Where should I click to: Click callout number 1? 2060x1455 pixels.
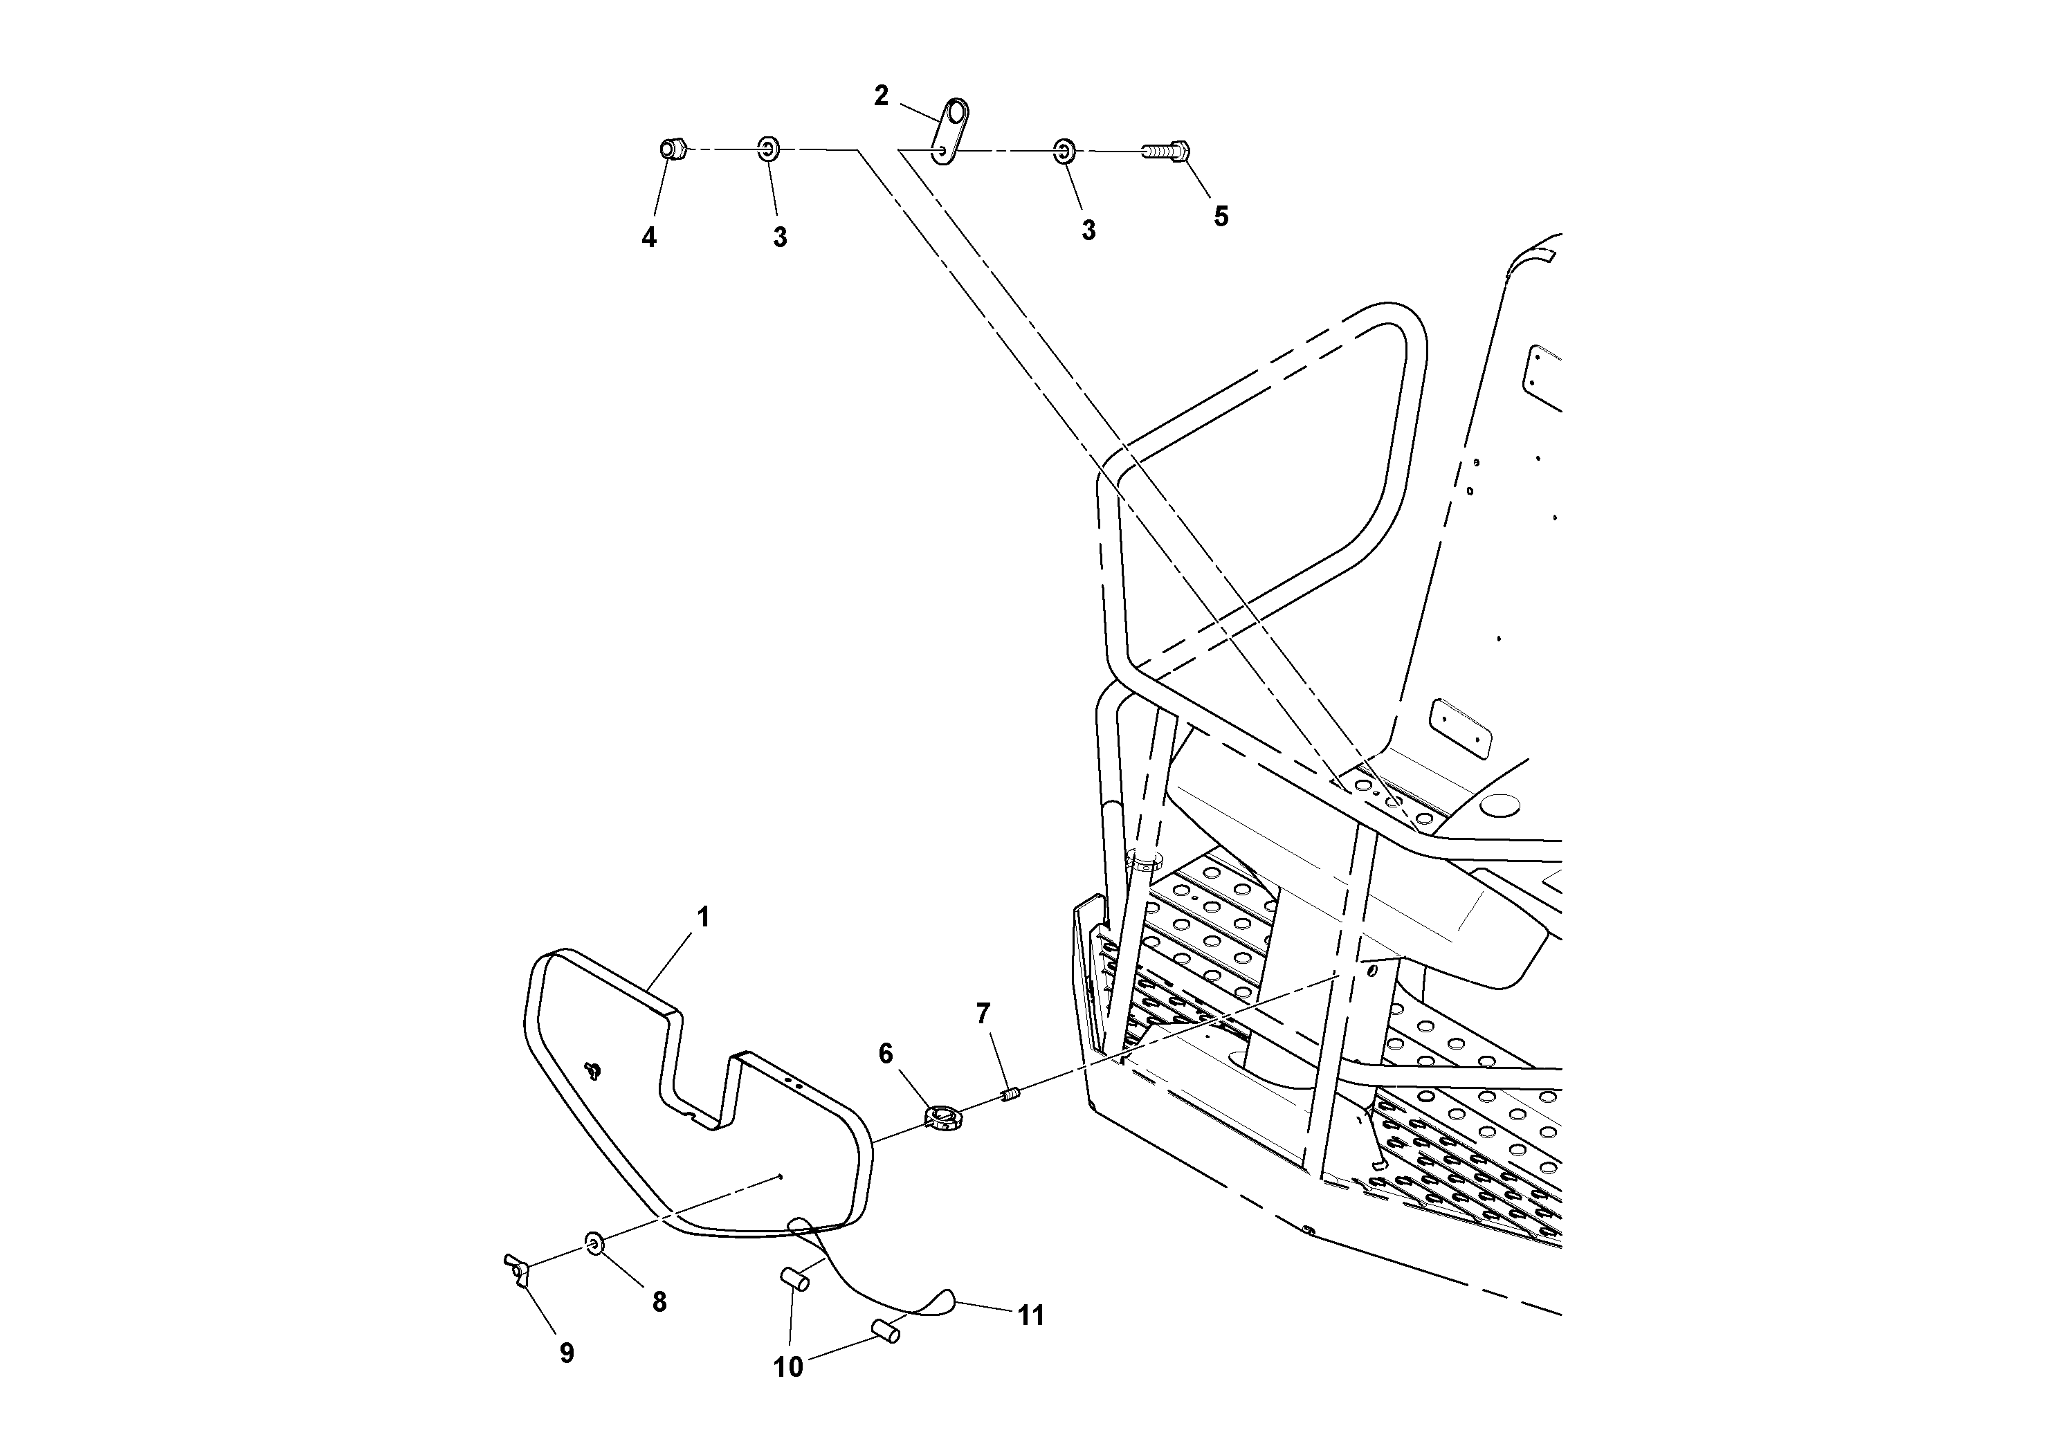pos(704,917)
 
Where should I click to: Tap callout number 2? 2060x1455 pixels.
pos(881,96)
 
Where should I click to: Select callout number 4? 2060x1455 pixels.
pos(648,238)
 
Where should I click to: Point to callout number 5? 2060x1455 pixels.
pos(1220,216)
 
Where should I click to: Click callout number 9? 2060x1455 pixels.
pos(566,1353)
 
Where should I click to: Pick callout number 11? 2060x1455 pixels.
pos(1031,1316)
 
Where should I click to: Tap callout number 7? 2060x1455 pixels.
pos(983,1014)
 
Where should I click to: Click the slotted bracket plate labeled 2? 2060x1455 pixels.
pos(949,132)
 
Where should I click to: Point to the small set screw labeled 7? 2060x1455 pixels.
pos(1010,1095)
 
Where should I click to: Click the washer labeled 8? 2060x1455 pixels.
pos(594,1243)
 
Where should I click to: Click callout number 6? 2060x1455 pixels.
pos(886,1054)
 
